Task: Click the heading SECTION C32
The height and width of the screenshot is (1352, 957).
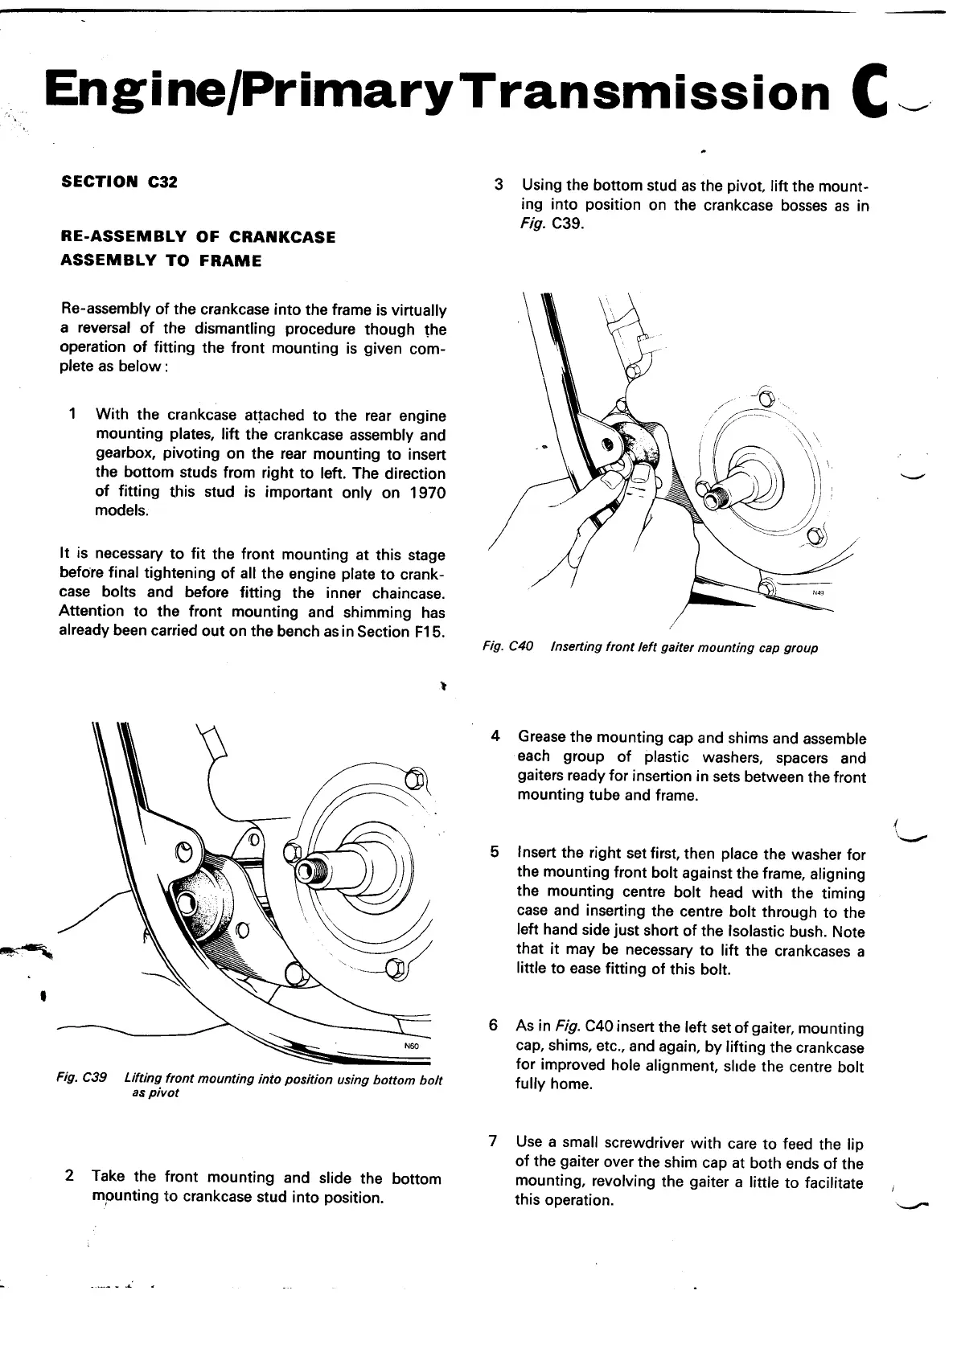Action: tap(119, 182)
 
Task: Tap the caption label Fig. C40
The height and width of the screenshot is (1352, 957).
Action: tap(507, 647)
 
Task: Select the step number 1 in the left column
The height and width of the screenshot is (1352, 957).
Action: tap(73, 415)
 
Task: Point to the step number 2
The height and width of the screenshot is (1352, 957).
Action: tap(70, 1176)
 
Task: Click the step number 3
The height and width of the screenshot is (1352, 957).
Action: tap(499, 185)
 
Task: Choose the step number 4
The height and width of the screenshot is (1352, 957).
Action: tap(496, 736)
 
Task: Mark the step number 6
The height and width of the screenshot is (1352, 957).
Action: tap(495, 1026)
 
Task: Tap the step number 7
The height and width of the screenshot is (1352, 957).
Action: tap(494, 1141)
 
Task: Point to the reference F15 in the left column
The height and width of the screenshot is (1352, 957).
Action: tap(429, 631)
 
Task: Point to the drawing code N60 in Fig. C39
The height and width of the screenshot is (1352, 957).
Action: tap(410, 1047)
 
